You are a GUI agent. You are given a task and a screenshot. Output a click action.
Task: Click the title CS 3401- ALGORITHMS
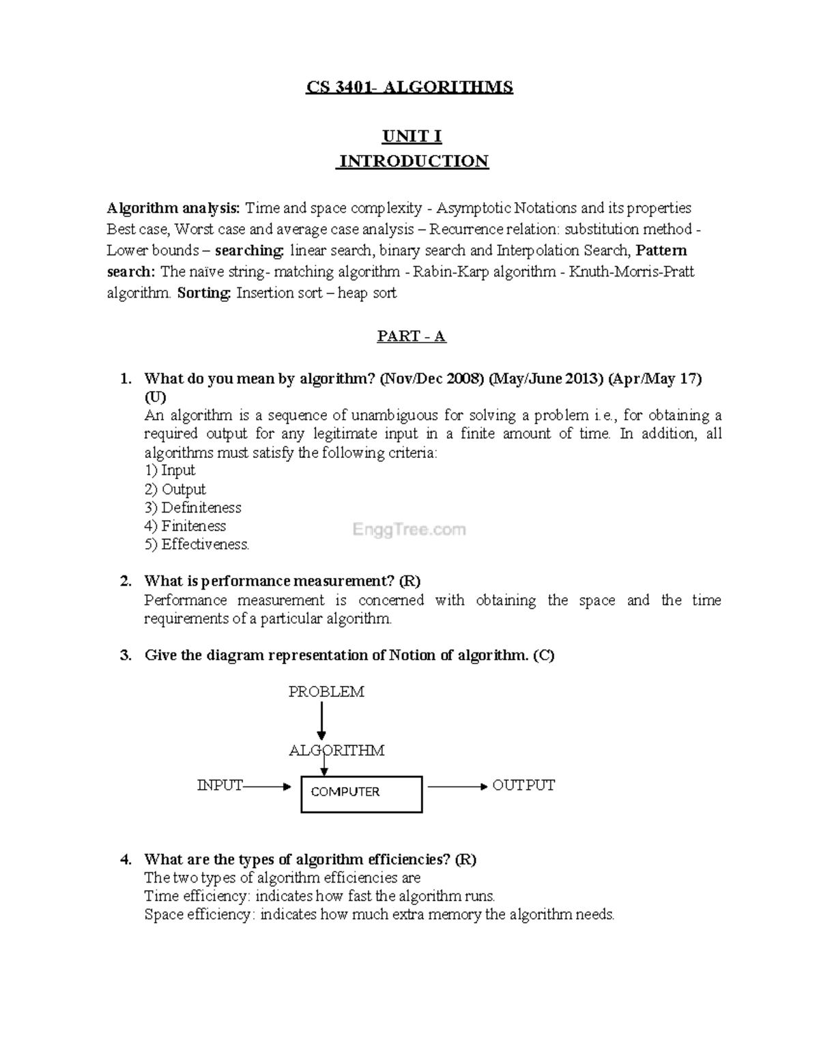409,87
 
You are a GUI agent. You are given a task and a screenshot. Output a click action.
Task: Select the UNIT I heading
412,137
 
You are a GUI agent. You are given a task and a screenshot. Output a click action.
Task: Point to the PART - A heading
412,336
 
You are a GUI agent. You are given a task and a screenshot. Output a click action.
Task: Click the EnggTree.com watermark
409,530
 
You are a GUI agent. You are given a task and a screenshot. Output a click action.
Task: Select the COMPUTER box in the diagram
362,793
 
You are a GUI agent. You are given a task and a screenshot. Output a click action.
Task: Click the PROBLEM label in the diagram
326,692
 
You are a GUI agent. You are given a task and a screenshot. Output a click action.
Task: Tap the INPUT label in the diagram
219,786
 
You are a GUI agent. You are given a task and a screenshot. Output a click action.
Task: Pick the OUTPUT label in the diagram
523,786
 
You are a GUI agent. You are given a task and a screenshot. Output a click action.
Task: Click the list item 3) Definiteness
193,508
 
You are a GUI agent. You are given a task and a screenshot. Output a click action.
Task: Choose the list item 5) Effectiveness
197,545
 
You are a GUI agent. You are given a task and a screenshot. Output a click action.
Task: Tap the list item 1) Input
170,470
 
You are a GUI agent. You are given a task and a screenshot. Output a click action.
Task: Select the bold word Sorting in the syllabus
204,293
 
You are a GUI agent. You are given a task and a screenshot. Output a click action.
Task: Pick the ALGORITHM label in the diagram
336,751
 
